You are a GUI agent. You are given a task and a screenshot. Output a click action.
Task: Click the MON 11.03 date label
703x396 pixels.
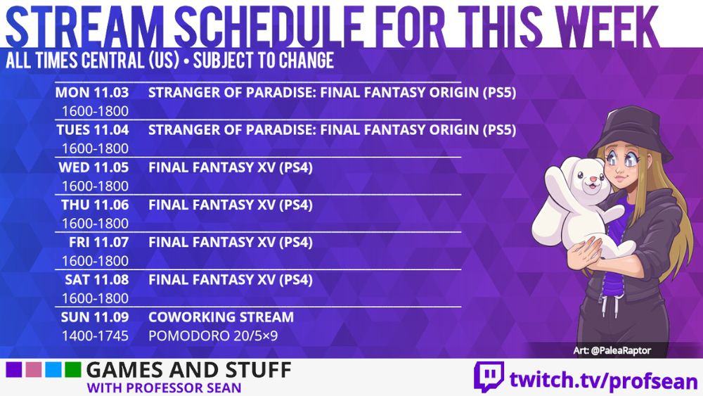[93, 92]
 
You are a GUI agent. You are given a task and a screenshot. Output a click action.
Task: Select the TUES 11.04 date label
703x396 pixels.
[93, 130]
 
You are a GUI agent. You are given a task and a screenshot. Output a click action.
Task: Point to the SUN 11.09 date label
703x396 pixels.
[95, 317]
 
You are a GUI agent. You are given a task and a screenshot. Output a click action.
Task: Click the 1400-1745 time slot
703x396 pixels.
[95, 336]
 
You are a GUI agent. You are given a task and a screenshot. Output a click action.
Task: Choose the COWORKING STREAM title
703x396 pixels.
[221, 317]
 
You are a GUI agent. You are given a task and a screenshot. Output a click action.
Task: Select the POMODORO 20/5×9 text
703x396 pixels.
[213, 336]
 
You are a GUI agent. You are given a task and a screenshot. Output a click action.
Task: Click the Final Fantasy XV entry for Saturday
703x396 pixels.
[231, 280]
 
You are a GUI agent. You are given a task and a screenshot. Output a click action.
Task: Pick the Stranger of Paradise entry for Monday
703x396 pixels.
[332, 92]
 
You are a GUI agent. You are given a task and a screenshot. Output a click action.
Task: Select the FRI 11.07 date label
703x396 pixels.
[95, 243]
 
